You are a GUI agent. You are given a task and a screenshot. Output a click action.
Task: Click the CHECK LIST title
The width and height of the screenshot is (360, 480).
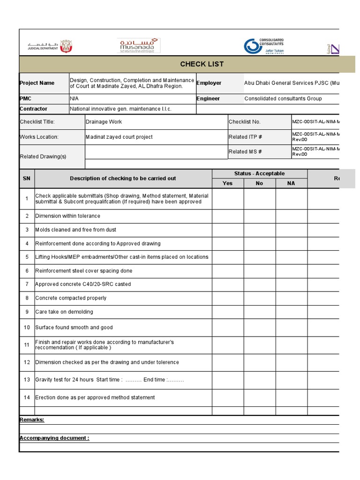click(202, 64)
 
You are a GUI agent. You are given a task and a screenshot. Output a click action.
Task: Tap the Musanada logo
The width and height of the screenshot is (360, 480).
click(138, 46)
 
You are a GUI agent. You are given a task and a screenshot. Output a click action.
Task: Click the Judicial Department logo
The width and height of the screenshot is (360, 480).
click(50, 46)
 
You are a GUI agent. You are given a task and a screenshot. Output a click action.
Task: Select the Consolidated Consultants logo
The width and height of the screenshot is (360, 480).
click(264, 46)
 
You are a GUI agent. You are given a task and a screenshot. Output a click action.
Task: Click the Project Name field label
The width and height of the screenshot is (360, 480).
click(37, 83)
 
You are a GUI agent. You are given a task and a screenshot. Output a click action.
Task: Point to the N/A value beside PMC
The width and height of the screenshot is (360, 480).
click(75, 99)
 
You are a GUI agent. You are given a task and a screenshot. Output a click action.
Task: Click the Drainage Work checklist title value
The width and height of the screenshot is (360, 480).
click(104, 122)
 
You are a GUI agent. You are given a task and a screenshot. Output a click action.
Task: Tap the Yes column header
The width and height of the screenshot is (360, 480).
click(227, 183)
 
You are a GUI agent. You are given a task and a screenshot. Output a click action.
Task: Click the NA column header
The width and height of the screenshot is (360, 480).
click(291, 183)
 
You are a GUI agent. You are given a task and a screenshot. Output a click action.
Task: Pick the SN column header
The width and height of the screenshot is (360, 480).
click(27, 179)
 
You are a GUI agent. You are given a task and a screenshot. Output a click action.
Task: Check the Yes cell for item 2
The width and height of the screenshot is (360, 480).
click(227, 216)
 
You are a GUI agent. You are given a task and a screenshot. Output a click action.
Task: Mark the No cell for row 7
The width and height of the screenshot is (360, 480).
click(259, 285)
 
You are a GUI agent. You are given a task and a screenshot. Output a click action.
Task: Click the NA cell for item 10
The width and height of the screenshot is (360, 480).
click(291, 328)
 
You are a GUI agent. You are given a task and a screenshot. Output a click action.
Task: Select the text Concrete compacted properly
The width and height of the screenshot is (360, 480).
click(71, 298)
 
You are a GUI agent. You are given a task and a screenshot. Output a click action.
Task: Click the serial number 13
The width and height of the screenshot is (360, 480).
click(27, 380)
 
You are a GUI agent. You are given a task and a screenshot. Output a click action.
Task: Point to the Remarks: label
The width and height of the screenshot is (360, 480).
click(32, 420)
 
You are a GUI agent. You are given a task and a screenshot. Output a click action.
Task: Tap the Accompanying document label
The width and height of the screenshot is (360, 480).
click(54, 438)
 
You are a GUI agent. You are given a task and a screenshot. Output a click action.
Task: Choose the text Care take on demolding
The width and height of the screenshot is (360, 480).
click(64, 312)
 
